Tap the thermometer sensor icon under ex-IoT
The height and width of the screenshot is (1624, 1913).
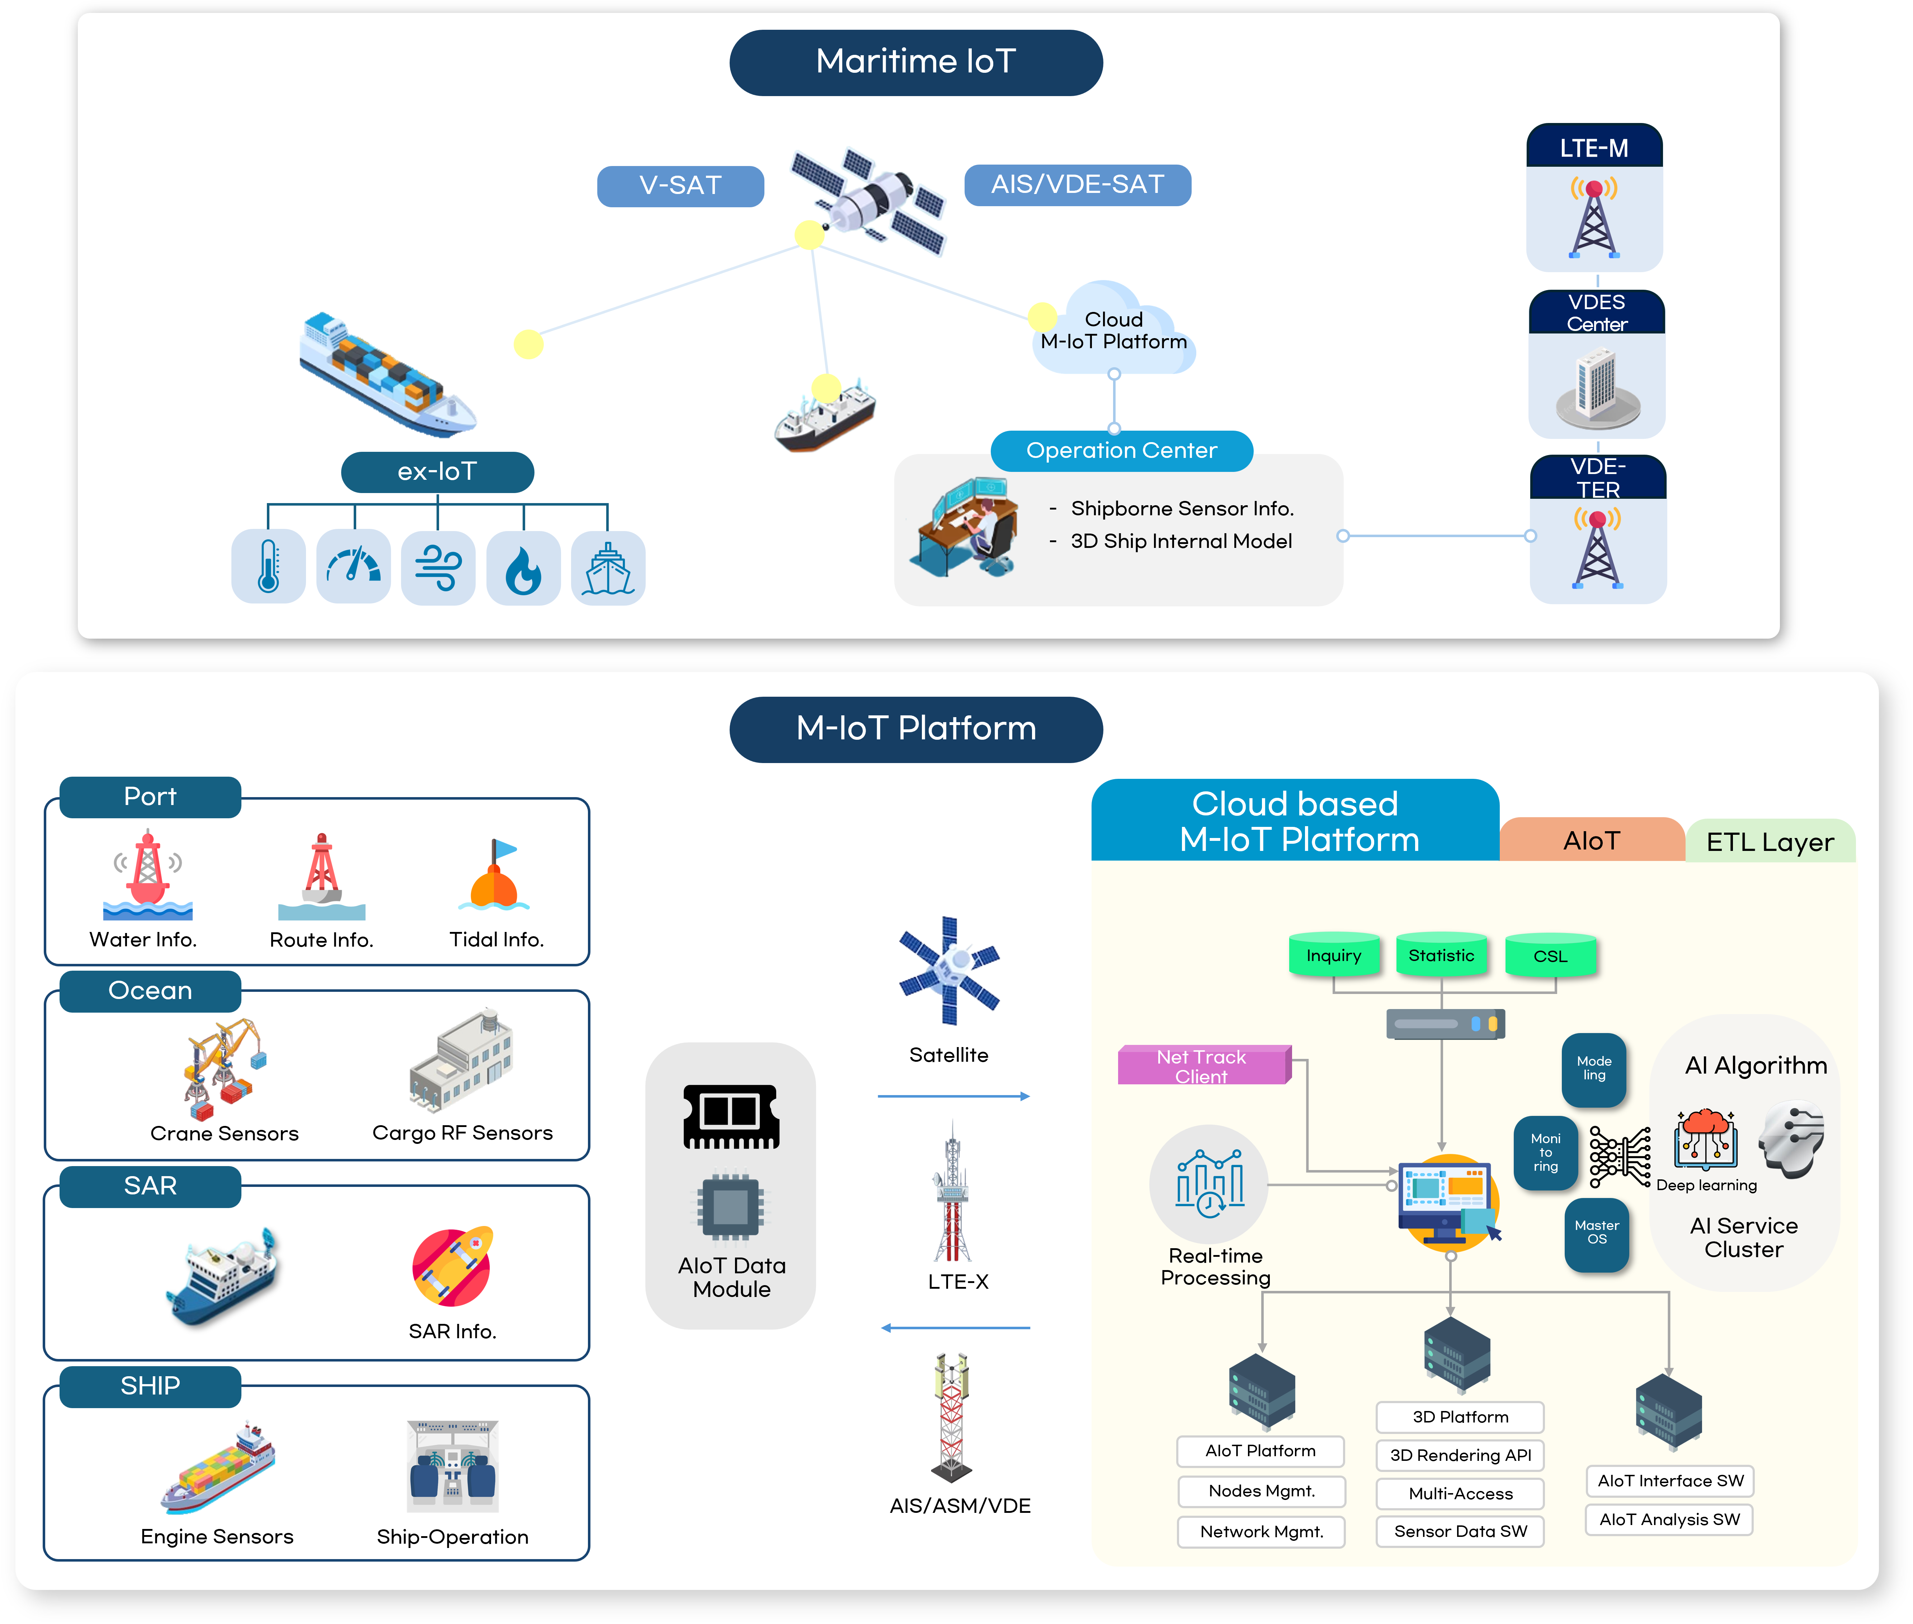coord(268,566)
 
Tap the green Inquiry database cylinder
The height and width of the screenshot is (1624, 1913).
coord(1334,955)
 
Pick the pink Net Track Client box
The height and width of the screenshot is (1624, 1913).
coord(1203,1065)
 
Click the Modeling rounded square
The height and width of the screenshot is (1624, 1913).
coord(1593,1069)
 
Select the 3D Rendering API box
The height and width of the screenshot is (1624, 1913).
coord(1460,1455)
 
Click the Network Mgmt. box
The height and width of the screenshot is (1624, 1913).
coord(1261,1531)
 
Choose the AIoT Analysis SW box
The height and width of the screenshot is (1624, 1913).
coord(1669,1519)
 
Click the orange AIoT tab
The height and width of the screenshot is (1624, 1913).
coord(1592,840)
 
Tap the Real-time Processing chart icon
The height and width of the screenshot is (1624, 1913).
coord(1209,1184)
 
